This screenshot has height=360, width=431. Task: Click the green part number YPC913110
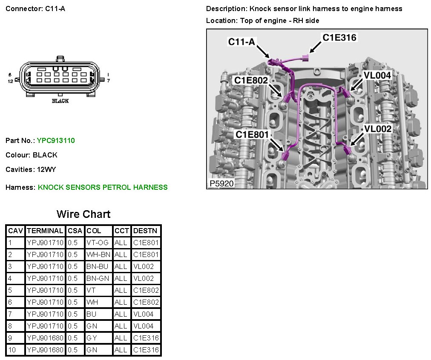[56, 140]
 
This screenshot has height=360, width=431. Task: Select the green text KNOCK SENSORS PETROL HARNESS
[103, 187]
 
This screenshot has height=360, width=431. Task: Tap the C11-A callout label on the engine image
[241, 42]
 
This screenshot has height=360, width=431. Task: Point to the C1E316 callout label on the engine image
[339, 38]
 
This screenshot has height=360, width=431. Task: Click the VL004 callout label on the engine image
[377, 75]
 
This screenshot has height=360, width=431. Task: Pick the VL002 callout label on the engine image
[377, 129]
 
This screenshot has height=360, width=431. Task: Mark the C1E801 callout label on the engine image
[253, 134]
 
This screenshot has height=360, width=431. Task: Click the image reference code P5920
[220, 184]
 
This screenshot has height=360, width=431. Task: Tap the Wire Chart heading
[83, 214]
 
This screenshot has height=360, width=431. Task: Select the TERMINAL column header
[45, 231]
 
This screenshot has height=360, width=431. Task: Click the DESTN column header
[145, 231]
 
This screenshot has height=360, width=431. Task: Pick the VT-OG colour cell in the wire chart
[98, 243]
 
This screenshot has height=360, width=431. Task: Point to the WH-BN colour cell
[98, 254]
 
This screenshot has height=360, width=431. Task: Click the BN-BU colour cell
[98, 266]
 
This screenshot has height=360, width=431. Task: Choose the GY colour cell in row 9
[92, 338]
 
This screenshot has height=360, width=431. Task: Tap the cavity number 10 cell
[12, 350]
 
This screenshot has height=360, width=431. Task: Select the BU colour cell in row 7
[91, 314]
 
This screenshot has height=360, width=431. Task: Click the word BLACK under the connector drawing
[60, 101]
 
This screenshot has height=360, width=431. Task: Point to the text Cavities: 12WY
[31, 169]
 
